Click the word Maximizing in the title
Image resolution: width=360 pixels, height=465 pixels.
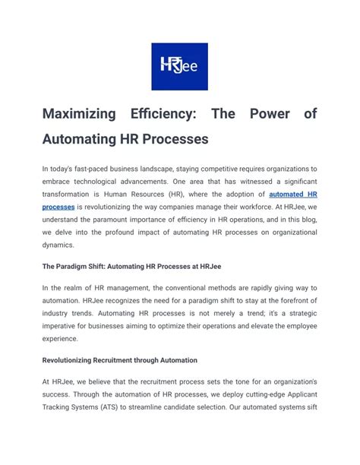[x=79, y=114]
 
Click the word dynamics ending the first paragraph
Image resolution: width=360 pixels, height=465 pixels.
[x=60, y=245]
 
